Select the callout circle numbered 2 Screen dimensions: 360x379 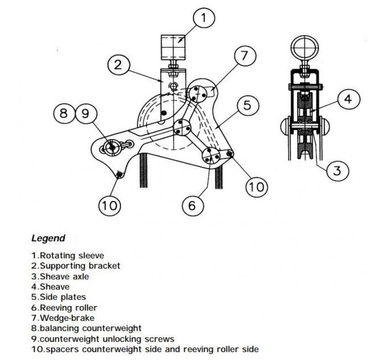[117, 64]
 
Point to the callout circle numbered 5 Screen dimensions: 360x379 [247, 106]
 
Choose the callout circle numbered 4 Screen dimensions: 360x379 [348, 99]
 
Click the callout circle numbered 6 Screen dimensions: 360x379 [192, 206]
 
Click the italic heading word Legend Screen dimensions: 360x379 [48, 238]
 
